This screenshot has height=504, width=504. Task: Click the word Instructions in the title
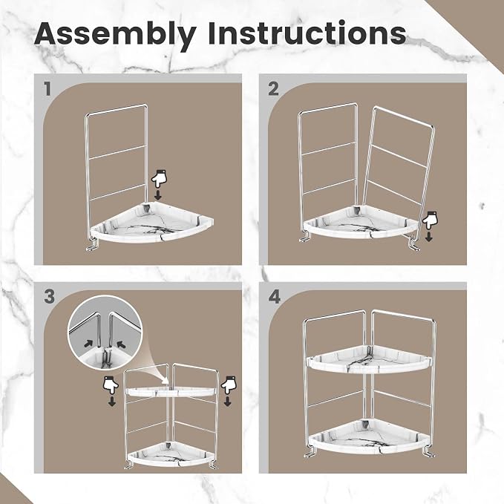[307, 33]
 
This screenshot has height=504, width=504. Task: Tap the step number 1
[48, 89]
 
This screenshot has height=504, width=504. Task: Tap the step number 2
[273, 89]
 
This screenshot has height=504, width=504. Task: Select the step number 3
[49, 296]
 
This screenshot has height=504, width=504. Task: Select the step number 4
[274, 297]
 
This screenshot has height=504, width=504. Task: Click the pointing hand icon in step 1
[160, 179]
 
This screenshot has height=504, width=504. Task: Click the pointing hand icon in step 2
[431, 220]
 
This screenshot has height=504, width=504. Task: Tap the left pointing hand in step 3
[111, 385]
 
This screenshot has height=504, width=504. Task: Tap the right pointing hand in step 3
[228, 384]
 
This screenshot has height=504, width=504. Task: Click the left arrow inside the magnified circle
[88, 343]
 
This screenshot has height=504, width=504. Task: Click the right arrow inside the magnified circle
[121, 344]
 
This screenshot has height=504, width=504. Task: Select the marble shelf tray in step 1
[152, 222]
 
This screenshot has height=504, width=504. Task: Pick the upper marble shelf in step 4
[369, 359]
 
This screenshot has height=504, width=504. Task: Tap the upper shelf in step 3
[171, 391]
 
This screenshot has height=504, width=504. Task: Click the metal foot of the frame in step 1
[92, 246]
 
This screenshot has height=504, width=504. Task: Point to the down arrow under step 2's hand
[428, 237]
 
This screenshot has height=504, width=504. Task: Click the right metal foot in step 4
[428, 451]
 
